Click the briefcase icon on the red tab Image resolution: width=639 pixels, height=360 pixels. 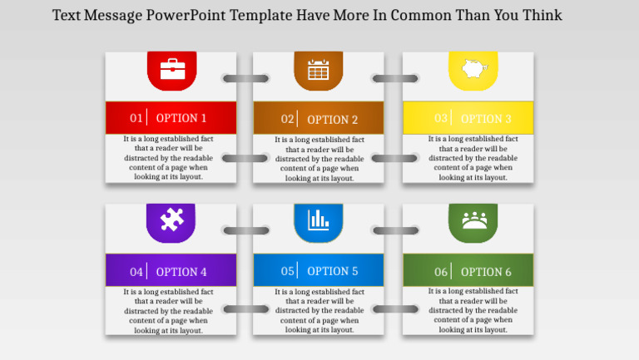[x=172, y=68]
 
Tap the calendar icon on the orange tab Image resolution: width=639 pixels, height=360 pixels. [x=318, y=70]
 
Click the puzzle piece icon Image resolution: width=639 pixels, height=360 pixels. [x=171, y=219]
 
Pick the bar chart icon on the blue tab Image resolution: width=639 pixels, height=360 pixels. [x=318, y=219]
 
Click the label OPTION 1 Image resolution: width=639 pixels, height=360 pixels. [x=181, y=118]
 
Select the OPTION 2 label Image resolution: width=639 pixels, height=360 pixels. [x=333, y=119]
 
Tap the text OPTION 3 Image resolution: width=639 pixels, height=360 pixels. [x=486, y=119]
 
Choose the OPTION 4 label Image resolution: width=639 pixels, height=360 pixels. [x=181, y=272]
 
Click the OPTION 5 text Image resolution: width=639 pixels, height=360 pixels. [x=333, y=271]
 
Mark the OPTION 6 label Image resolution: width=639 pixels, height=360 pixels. [x=486, y=272]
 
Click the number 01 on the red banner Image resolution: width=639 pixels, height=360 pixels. [x=136, y=118]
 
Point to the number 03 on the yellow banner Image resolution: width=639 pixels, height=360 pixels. [x=441, y=118]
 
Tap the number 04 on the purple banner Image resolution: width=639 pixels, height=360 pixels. [x=136, y=272]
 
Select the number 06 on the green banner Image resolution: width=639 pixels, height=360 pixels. [x=441, y=272]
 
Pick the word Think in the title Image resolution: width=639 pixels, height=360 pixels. [x=542, y=15]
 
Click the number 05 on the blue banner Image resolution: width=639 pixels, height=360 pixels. [x=288, y=271]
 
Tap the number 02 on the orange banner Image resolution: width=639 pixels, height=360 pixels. [x=288, y=119]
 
